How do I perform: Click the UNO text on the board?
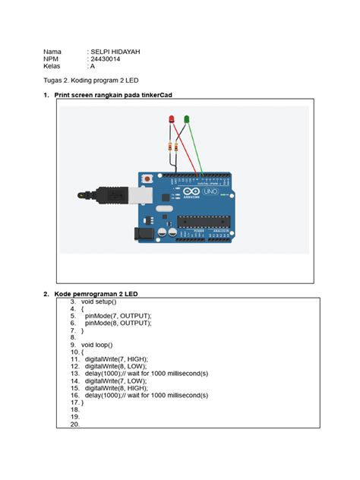click(x=210, y=194)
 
